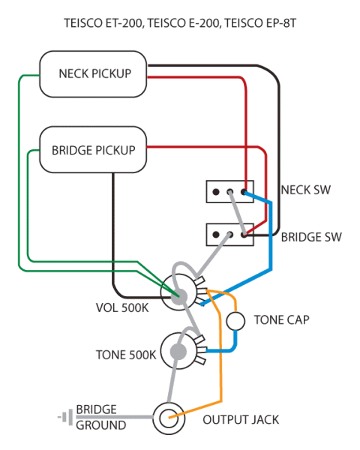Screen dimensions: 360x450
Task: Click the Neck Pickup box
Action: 93,74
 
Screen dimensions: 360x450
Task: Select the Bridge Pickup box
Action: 93,149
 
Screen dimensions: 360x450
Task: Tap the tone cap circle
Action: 235,321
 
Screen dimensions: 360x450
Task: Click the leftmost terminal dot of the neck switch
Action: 216,192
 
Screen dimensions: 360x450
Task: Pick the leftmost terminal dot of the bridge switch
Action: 216,235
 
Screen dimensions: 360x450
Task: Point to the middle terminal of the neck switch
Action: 229,192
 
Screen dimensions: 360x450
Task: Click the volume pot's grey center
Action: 178,296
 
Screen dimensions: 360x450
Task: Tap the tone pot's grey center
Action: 178,351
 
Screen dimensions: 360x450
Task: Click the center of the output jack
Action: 169,418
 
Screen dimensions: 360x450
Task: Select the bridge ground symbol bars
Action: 65,417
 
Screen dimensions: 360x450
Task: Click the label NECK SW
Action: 306,190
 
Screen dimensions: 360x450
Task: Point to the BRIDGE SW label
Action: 311,237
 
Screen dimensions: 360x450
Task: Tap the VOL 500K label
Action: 122,307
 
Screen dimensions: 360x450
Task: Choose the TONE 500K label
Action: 126,355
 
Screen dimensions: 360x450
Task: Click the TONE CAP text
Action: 282,319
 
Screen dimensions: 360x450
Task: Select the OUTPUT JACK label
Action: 241,420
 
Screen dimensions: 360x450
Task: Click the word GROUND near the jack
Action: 100,425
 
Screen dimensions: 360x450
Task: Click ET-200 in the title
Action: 124,23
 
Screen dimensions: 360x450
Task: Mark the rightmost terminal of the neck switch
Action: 244,192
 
